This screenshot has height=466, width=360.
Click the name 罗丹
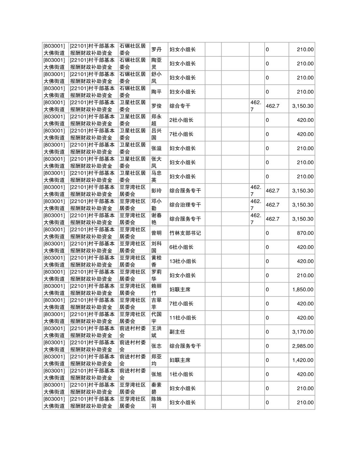[156, 50]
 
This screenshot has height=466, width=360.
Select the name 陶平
[156, 92]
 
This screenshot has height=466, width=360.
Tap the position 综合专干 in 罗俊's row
[180, 106]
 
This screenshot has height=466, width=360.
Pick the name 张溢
[156, 148]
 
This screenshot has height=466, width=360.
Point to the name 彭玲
[156, 191]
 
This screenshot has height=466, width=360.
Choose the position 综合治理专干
[185, 205]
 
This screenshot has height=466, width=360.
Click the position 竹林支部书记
[185, 233]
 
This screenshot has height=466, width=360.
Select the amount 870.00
[305, 233]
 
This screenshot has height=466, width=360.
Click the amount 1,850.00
[303, 289]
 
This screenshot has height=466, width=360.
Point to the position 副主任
[177, 332]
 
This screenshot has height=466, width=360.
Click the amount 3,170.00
[303, 332]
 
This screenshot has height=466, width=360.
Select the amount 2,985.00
[303, 346]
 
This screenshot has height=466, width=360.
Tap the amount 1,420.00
[303, 360]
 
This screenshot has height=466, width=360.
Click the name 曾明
[156, 233]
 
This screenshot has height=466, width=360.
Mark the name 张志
[156, 346]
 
